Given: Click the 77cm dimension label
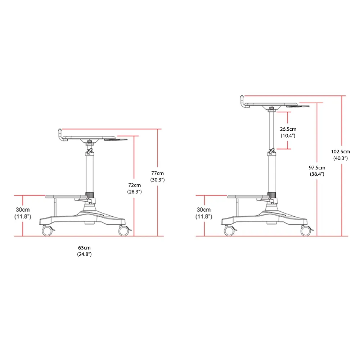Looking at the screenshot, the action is click(158, 174).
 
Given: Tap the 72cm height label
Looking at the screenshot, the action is click(135, 185).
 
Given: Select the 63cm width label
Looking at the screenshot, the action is click(84, 248).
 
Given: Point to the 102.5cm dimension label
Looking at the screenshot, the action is click(341, 152).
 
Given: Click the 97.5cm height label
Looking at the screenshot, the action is click(317, 168).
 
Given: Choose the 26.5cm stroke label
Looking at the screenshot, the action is click(288, 129).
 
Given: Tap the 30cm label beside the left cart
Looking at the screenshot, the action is click(23, 210).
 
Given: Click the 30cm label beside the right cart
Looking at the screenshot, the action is click(204, 210).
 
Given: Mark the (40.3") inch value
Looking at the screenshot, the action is click(341, 158).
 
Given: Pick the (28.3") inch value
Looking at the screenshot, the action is click(135, 192).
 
